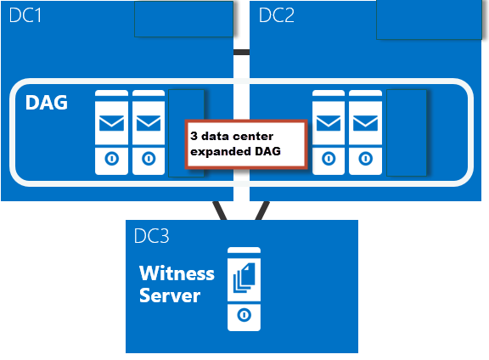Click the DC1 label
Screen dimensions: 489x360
pyautogui.click(x=25, y=15)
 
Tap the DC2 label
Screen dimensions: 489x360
pyautogui.click(x=276, y=15)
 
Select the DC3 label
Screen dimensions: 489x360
pyautogui.click(x=152, y=236)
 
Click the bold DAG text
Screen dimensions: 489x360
pyautogui.click(x=47, y=103)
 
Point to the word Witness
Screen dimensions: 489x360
pyautogui.click(x=177, y=273)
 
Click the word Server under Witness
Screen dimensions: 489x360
pyautogui.click(x=170, y=295)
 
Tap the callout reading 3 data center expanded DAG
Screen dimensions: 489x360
pyautogui.click(x=246, y=144)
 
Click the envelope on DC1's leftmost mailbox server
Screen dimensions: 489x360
pyautogui.click(x=111, y=123)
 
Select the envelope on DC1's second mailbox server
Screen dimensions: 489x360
pyautogui.click(x=149, y=123)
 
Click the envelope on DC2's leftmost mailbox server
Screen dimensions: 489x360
pyautogui.click(x=329, y=123)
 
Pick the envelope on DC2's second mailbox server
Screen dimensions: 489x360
pyautogui.click(x=365, y=123)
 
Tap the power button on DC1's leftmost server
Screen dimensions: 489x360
pyautogui.click(x=112, y=159)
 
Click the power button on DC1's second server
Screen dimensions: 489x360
pyautogui.click(x=149, y=159)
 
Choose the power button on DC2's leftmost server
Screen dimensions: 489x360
pyautogui.click(x=329, y=159)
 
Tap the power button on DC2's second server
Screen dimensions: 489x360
pyautogui.click(x=366, y=159)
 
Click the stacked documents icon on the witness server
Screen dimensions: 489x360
pyautogui.click(x=244, y=278)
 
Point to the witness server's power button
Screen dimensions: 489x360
pyautogui.click(x=244, y=315)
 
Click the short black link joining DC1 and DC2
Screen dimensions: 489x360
pyautogui.click(x=241, y=53)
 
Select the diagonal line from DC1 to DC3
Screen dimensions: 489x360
pyautogui.click(x=220, y=211)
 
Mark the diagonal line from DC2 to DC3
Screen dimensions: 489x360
pyautogui.click(x=262, y=211)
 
